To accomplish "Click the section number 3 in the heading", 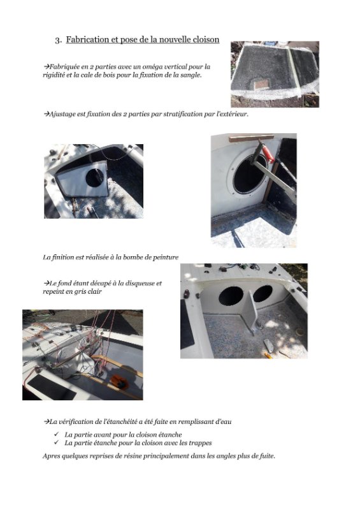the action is (57, 40).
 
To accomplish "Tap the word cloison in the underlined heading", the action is (206, 40).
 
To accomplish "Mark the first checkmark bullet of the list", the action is (57, 434).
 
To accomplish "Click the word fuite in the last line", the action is (267, 456).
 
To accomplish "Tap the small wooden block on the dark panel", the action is (262, 85).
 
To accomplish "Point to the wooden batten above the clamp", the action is (251, 138).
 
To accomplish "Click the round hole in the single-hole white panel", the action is (95, 178).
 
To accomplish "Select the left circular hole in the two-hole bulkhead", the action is (231, 296).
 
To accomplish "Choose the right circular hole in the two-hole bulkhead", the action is (263, 293).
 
